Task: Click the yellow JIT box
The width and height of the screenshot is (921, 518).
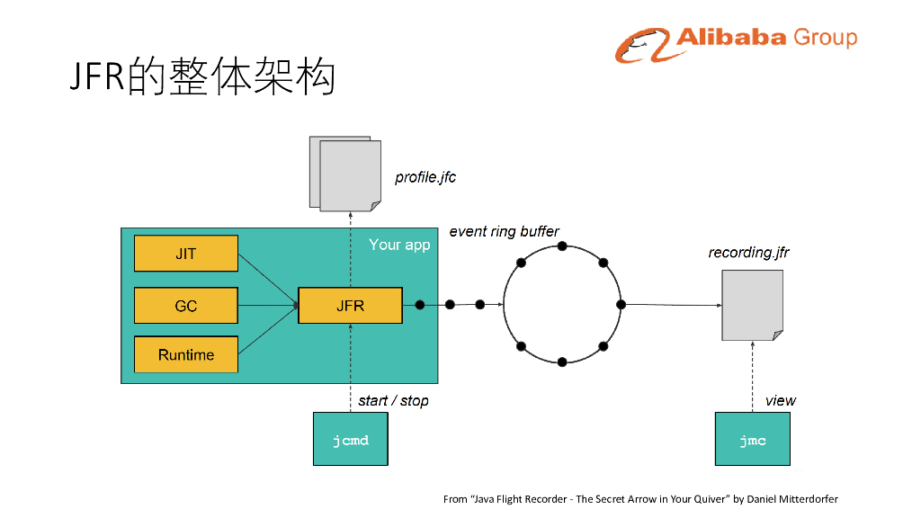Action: pyautogui.click(x=186, y=254)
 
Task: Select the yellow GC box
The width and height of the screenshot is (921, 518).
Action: pyautogui.click(x=186, y=306)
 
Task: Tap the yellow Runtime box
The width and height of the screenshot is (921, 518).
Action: pyautogui.click(x=186, y=354)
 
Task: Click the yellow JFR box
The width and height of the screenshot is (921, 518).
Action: pyautogui.click(x=350, y=306)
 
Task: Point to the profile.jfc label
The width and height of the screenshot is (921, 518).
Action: pyautogui.click(x=425, y=177)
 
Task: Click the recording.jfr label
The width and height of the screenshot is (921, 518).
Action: pyautogui.click(x=748, y=253)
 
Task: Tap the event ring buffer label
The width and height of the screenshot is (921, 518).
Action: pyautogui.click(x=504, y=231)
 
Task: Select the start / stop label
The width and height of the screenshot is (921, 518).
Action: pyautogui.click(x=393, y=400)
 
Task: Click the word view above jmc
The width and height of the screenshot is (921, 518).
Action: pyautogui.click(x=780, y=400)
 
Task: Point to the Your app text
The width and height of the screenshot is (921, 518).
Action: pyautogui.click(x=399, y=245)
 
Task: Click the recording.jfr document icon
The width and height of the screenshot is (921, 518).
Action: pyautogui.click(x=752, y=306)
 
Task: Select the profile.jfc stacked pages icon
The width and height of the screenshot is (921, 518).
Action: pyautogui.click(x=345, y=174)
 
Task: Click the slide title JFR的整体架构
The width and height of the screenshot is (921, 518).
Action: pyautogui.click(x=203, y=77)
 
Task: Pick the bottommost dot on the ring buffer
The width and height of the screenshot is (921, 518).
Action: pyautogui.click(x=562, y=362)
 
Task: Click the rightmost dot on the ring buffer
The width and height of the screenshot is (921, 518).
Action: pyautogui.click(x=621, y=304)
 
